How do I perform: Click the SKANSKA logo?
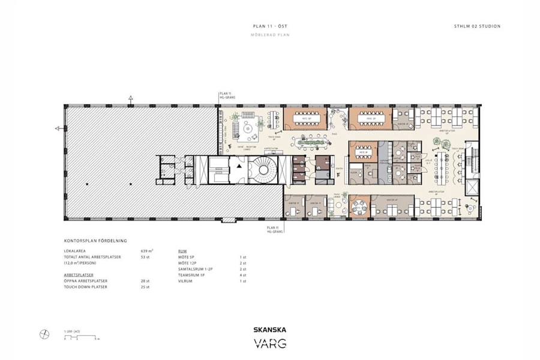point(269,329)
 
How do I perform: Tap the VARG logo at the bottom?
point(269,344)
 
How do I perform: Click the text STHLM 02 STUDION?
point(477,26)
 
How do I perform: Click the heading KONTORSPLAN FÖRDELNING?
point(95,240)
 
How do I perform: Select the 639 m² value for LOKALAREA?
point(146,250)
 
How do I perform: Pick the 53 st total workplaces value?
point(145,257)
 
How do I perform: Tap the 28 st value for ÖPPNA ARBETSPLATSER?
point(145,280)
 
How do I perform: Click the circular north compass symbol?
point(44,334)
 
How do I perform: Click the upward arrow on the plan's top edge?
point(131,98)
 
